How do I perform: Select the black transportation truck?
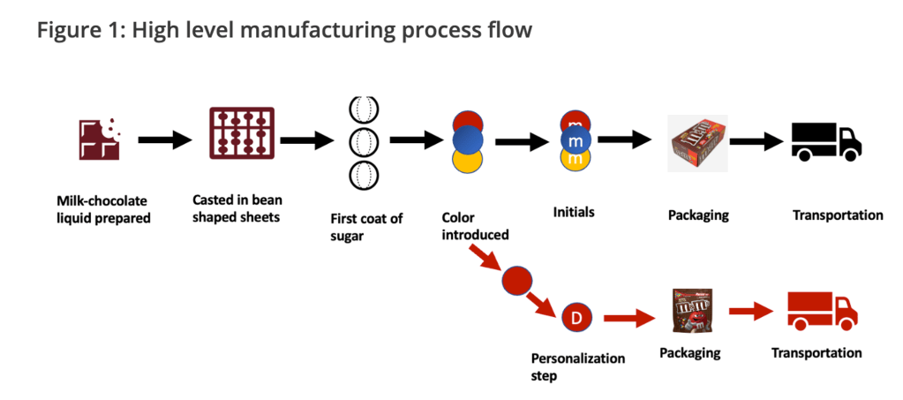(x=825, y=141)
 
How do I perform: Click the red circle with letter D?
(x=576, y=317)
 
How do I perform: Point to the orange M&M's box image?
(x=697, y=142)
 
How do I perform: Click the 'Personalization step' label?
(x=577, y=366)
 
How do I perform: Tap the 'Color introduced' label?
(x=477, y=225)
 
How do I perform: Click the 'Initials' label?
(x=575, y=213)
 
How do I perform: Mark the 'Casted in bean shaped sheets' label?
(x=237, y=208)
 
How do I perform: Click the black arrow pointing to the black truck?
(x=757, y=140)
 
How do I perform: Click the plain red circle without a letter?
(x=516, y=281)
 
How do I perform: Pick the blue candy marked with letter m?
(x=576, y=141)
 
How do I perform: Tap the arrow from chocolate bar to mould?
(x=165, y=140)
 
